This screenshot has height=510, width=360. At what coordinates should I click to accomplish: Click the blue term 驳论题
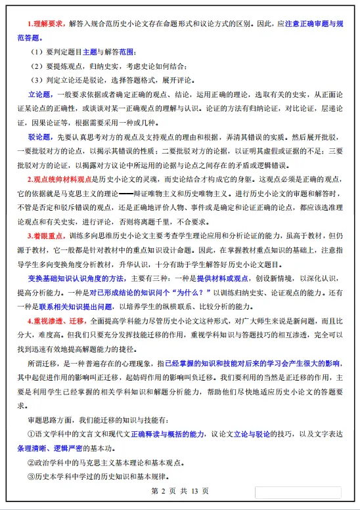tap(39, 139)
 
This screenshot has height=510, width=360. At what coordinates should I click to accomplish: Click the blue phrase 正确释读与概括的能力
tap(160, 435)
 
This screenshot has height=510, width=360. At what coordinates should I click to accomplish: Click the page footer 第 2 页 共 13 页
tap(179, 491)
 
